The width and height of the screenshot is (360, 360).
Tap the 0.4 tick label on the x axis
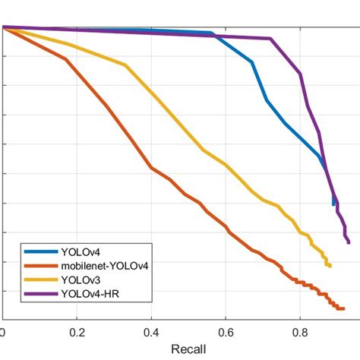pyautogui.click(x=151, y=333)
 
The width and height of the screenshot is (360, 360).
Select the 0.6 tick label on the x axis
pyautogui.click(x=226, y=333)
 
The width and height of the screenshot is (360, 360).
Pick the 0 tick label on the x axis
pyautogui.click(x=3, y=333)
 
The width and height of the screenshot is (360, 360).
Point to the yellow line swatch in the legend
pyautogui.click(x=39, y=279)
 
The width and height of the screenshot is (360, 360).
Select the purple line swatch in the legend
pyautogui.click(x=39, y=292)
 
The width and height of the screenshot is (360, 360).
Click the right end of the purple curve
pyautogui.click(x=348, y=242)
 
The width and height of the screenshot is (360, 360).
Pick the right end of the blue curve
pyautogui.click(x=333, y=204)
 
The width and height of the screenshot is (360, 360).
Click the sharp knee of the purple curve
pyautogui.click(x=270, y=39)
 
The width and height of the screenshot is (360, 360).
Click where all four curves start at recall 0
pyautogui.click(x=3, y=27)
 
